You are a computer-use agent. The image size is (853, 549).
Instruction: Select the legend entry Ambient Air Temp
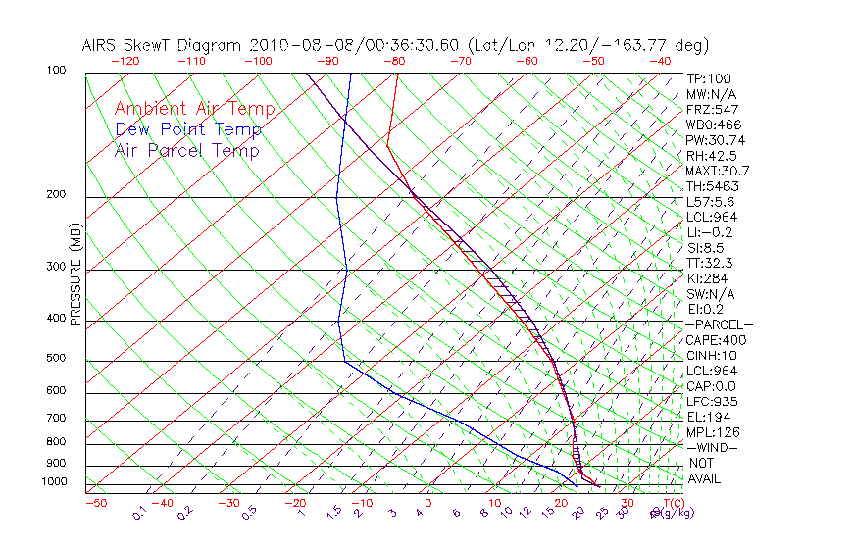[x=194, y=109]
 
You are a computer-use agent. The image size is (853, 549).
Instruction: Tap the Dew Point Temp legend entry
[x=188, y=129]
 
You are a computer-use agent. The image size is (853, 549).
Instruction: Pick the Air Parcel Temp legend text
[x=187, y=150]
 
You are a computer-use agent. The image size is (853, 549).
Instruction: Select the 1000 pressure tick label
[x=55, y=482]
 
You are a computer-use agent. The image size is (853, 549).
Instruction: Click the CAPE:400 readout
[x=717, y=340]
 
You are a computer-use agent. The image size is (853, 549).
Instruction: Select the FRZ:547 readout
[x=713, y=110]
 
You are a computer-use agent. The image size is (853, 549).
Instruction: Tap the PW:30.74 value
[x=716, y=140]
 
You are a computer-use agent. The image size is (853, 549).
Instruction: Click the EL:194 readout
[x=710, y=417]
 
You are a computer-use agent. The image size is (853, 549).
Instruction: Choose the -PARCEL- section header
[x=719, y=324]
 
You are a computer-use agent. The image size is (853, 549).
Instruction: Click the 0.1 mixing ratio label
[x=140, y=513]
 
